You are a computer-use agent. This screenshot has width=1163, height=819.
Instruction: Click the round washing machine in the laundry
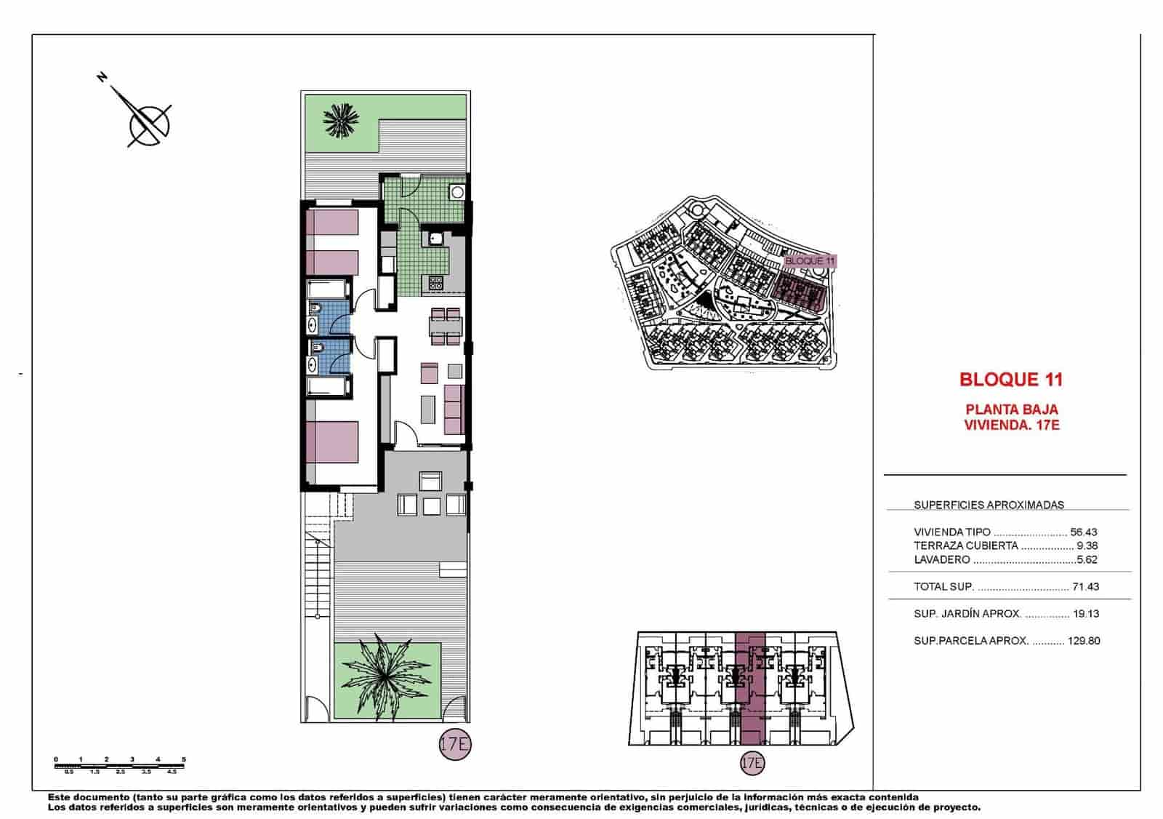[x=456, y=193]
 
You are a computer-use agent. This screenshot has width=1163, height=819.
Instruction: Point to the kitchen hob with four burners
[x=436, y=282]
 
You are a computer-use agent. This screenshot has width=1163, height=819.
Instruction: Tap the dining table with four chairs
[x=445, y=327]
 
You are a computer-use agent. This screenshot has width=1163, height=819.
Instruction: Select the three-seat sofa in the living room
[x=453, y=409]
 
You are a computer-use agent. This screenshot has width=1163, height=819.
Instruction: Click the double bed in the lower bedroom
[x=333, y=442]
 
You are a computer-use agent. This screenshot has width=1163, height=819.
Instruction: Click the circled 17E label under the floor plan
[x=455, y=745]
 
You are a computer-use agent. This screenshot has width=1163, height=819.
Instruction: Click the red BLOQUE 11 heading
[x=1010, y=379]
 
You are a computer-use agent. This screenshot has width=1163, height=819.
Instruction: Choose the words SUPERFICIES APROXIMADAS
[x=989, y=505]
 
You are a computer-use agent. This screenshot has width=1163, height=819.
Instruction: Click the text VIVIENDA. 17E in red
[x=1011, y=425]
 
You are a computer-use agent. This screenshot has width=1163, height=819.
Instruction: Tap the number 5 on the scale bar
[x=184, y=759]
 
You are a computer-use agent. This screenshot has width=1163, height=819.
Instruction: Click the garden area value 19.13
[x=1085, y=613]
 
